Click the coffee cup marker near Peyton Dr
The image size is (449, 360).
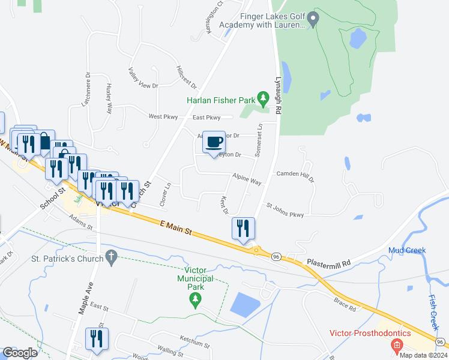[214, 143]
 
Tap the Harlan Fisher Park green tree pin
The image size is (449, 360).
[262, 97]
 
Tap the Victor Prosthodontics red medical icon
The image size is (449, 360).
[396, 345]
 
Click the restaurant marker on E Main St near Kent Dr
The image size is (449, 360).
[243, 229]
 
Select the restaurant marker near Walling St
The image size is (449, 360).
[96, 339]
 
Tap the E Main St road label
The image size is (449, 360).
[175, 227]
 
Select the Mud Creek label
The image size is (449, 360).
[406, 250]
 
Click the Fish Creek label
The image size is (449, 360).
[433, 312]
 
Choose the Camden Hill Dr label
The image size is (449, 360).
[295, 176]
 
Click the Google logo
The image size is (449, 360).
[20, 353]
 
